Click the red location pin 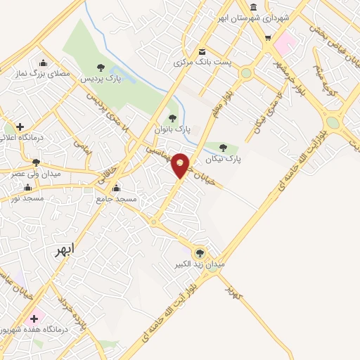181,165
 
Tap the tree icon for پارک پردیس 101,67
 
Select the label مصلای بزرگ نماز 49,73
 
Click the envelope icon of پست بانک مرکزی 202,51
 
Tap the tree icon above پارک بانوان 172,117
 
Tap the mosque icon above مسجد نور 28,187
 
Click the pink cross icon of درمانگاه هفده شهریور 34,319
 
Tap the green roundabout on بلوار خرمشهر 246,73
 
